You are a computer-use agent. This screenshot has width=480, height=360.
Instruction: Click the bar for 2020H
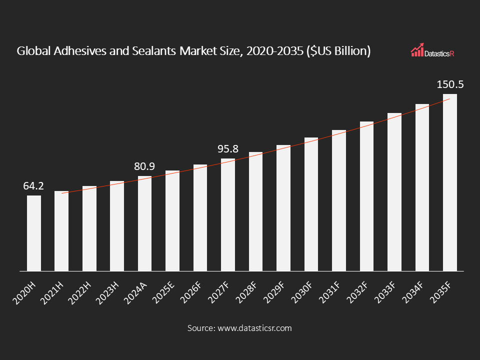click(x=34, y=233)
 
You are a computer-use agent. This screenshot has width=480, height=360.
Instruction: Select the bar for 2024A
click(x=145, y=223)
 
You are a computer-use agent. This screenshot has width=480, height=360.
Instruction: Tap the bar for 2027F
click(x=228, y=215)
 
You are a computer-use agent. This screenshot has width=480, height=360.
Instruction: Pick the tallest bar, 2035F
click(x=450, y=182)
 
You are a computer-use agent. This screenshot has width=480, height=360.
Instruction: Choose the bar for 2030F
click(x=311, y=204)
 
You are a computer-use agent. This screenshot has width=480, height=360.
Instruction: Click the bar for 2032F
click(x=366, y=196)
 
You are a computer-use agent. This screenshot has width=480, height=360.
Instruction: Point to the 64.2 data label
click(x=34, y=186)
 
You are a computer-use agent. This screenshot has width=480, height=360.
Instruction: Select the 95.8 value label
click(x=228, y=149)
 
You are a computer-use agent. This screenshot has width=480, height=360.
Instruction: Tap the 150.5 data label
click(x=450, y=84)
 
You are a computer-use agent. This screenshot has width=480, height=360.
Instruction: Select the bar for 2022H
click(x=89, y=228)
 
